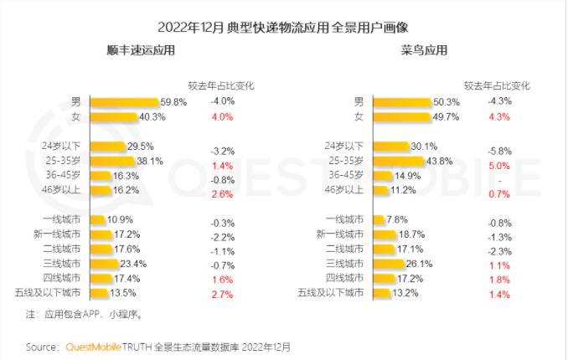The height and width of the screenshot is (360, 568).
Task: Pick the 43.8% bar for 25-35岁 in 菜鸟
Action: (396, 160)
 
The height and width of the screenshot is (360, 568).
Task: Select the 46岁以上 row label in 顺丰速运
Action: (62, 190)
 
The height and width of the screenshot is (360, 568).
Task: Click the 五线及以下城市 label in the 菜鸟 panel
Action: (333, 293)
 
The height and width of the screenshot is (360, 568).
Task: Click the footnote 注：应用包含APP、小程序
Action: (85, 315)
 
